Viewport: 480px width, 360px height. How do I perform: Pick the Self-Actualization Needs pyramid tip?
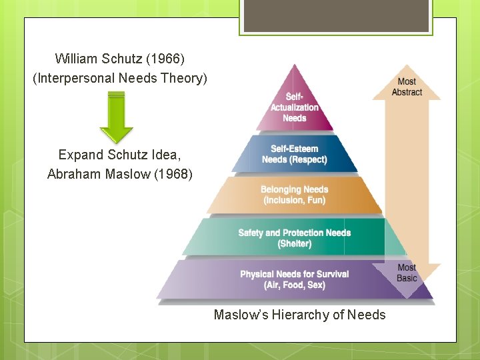point(295,107)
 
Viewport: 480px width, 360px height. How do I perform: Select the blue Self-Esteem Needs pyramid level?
point(295,154)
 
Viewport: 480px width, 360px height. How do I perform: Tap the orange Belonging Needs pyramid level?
point(295,195)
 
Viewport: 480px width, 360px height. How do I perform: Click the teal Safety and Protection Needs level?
point(295,237)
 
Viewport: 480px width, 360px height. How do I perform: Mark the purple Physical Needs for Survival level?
point(295,279)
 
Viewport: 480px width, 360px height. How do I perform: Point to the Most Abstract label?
point(407,87)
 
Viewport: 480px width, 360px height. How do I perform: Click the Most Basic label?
point(407,273)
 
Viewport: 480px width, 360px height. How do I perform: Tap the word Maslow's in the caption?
point(239,315)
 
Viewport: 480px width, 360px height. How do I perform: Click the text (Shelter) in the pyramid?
point(295,243)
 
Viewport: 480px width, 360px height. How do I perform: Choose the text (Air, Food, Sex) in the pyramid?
point(295,285)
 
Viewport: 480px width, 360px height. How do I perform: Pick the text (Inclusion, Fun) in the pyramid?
point(295,200)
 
